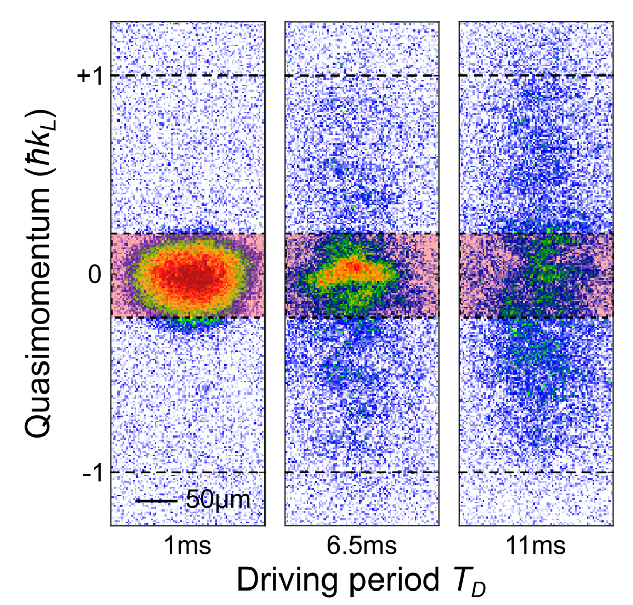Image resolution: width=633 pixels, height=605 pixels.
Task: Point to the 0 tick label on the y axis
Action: [95, 275]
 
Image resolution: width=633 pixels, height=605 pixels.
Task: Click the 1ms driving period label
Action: [187, 546]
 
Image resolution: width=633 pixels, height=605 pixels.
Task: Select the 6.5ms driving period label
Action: [362, 546]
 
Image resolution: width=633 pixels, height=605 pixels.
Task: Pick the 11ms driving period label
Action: [536, 546]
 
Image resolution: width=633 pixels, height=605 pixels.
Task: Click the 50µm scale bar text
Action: [218, 500]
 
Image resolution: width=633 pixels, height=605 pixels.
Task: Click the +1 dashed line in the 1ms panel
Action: [187, 75]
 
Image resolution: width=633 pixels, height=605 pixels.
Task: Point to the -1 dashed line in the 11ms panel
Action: [536, 472]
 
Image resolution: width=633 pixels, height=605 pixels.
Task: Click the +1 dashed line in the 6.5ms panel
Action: [362, 75]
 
